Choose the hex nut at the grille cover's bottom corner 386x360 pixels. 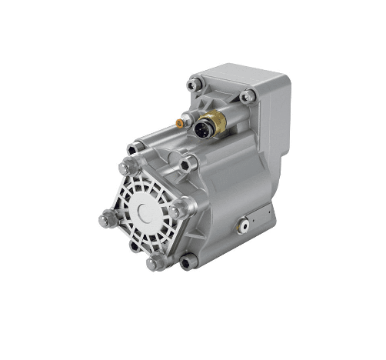point(153,262)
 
